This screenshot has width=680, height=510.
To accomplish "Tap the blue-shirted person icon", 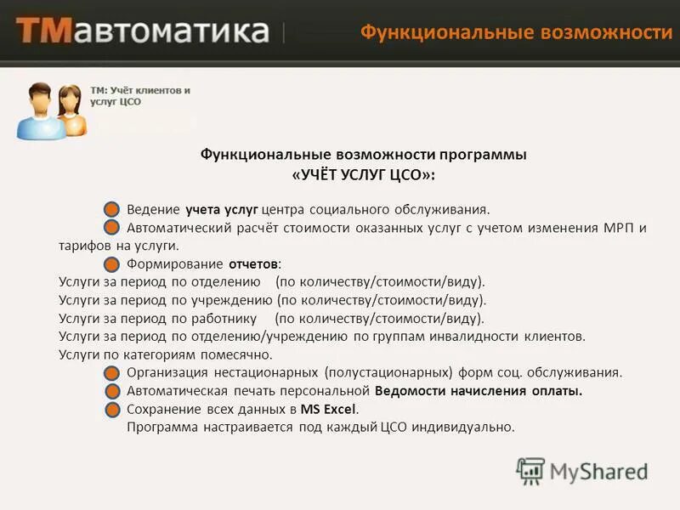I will [35, 112].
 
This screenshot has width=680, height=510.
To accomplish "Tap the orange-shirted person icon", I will [71, 111].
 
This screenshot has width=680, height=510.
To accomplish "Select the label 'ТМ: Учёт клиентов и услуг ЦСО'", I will [139, 95].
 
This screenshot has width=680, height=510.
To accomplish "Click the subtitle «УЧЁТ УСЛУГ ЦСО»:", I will [363, 174].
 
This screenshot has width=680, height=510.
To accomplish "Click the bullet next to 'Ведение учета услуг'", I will [112, 209].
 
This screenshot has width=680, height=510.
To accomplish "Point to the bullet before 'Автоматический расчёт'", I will [112, 227].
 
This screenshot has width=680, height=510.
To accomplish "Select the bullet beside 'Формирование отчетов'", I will [112, 263].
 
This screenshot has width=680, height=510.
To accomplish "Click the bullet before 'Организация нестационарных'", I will [112, 372].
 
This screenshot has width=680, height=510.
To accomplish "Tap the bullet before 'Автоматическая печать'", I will [112, 391].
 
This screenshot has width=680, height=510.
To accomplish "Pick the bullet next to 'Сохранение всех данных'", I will [112, 410].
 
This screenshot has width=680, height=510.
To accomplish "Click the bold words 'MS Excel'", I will [323, 409].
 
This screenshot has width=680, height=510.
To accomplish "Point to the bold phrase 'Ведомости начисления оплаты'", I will [478, 391].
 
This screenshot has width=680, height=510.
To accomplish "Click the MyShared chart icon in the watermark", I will [530, 471].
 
